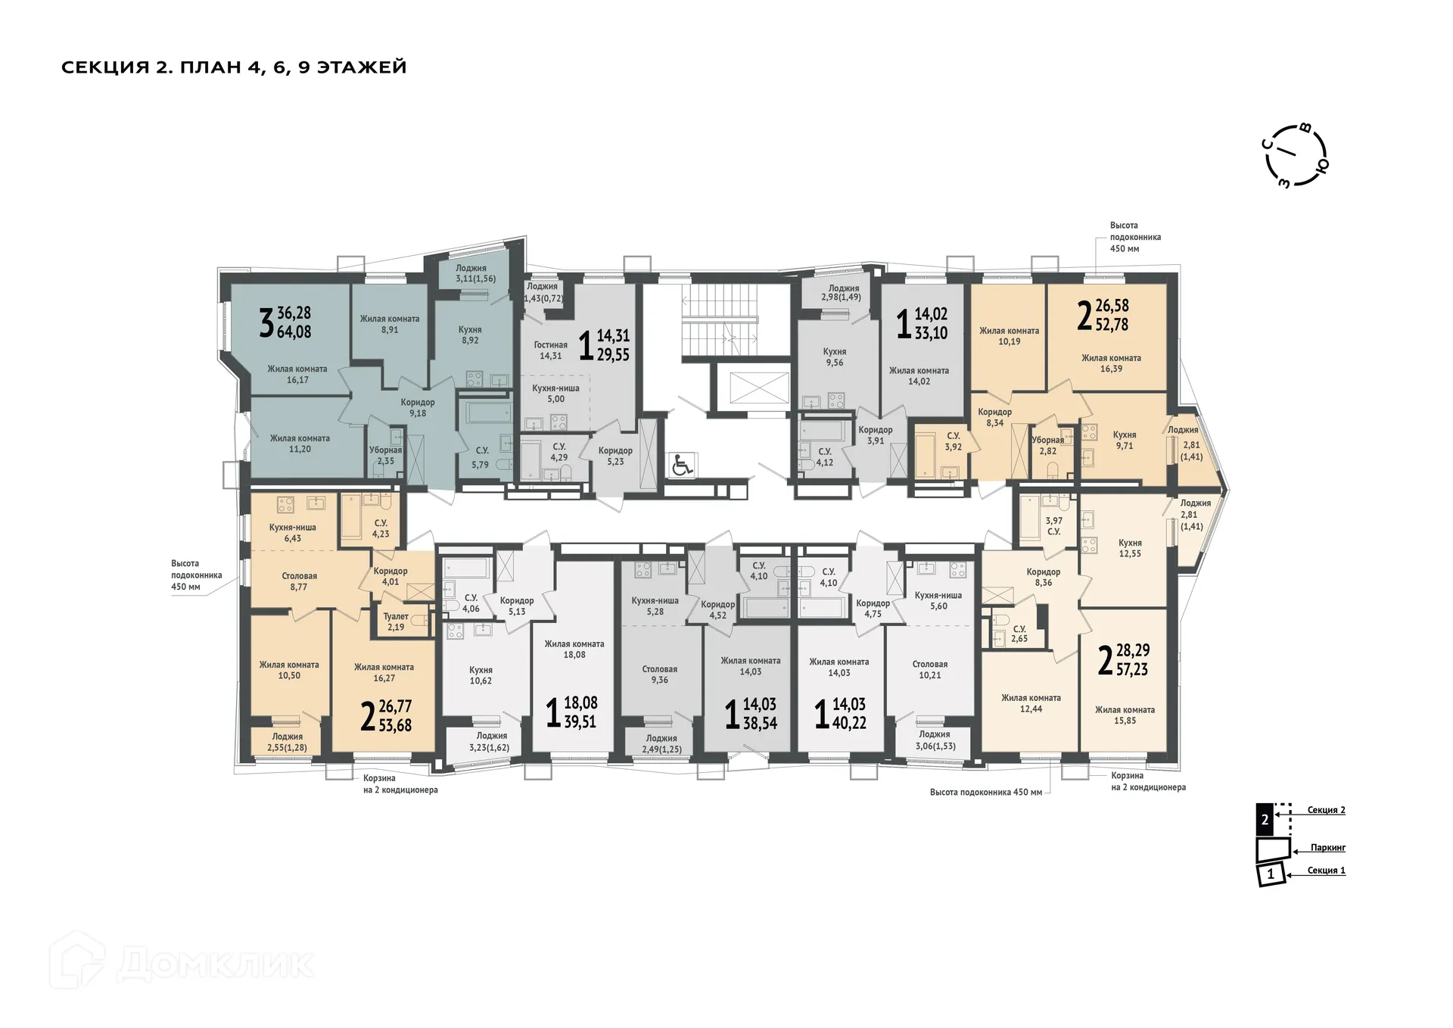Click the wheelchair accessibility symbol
coord(682,465)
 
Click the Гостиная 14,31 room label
coord(550,350)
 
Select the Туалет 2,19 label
coord(396,621)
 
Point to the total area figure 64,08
coord(294,332)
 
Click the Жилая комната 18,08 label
coord(574,650)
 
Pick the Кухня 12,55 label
coord(1130,548)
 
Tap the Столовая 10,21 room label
coord(929,670)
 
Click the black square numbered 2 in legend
coord(1264,819)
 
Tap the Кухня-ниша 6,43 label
coord(293,533)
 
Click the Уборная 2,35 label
coord(385,455)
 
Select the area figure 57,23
coord(1131,669)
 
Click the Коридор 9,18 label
coord(418,408)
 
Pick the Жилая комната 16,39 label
coord(1111,363)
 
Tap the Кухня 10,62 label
coord(481,675)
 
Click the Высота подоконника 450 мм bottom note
coord(985,793)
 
